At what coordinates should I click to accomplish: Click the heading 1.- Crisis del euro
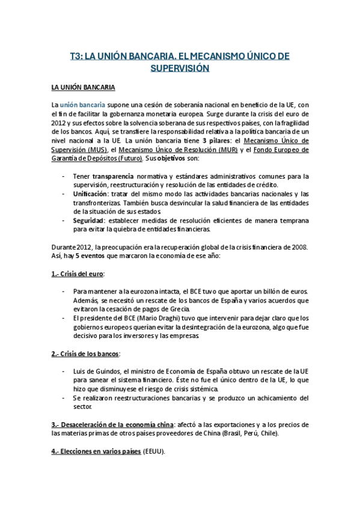(x=78, y=274)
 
